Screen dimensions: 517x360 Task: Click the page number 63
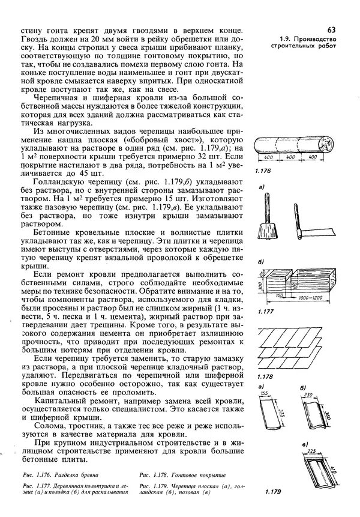click(332, 29)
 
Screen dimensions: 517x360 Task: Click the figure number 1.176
click(264, 171)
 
